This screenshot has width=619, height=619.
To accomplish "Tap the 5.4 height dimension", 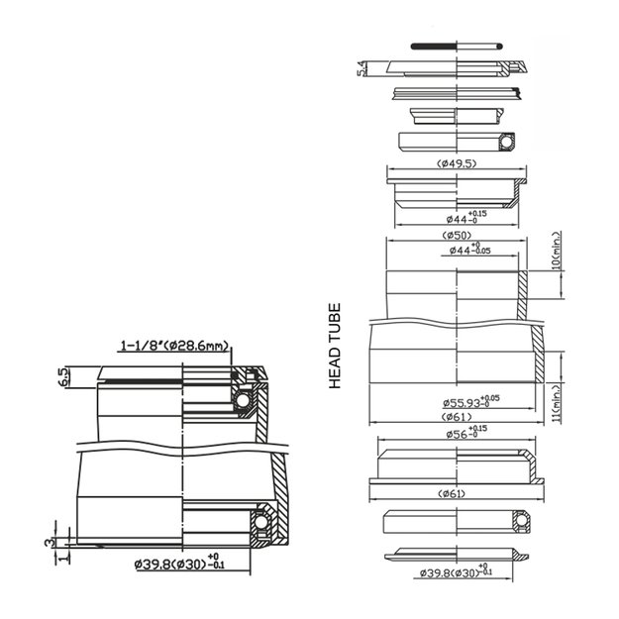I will coord(362,68).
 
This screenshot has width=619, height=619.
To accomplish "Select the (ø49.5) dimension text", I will coord(456,163).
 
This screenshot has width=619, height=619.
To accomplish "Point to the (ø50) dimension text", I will coord(457,236).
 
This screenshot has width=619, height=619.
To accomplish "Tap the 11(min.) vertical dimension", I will coord(558,405).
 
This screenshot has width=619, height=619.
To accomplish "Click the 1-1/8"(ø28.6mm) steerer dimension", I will coord(174,346).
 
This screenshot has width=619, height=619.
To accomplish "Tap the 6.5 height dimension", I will coord(63,376).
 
